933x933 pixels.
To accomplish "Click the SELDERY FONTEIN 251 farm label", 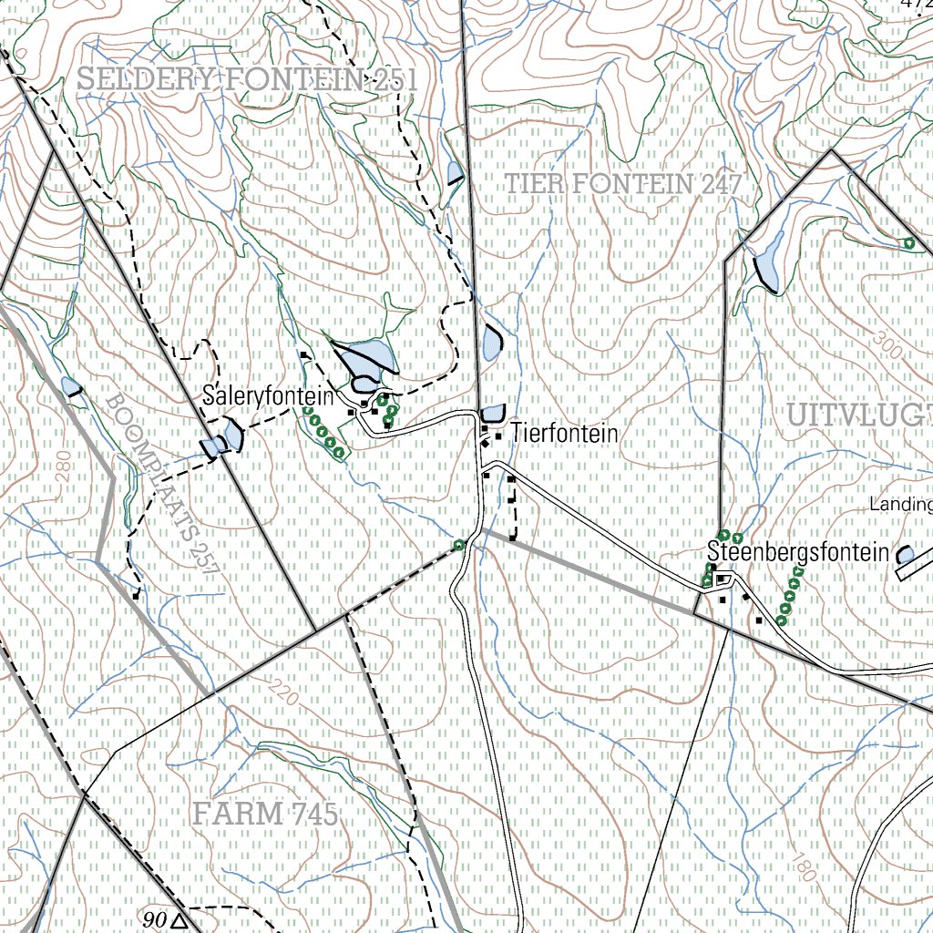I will tap(246, 80).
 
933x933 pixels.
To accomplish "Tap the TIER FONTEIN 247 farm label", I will tap(624, 184).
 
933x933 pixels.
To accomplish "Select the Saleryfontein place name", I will tap(268, 397).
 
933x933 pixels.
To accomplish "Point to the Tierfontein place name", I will tap(564, 434).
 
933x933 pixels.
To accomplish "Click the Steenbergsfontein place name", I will tap(798, 552).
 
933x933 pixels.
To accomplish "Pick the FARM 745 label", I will tap(265, 814).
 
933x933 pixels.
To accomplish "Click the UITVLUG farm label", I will tap(856, 415).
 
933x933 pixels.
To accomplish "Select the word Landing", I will tap(900, 504).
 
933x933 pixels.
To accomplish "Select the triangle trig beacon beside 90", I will tap(179, 920).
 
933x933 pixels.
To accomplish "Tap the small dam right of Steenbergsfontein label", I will tap(905, 554).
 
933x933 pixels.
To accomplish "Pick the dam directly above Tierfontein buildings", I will tap(493, 413).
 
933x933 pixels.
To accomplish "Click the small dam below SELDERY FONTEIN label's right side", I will tap(455, 173).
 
